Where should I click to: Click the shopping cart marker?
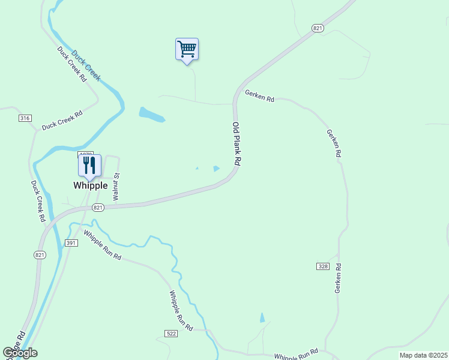187,50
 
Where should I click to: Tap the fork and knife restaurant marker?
89,166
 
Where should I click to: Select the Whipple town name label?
91,185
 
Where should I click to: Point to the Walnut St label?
117,187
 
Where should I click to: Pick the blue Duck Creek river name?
86,65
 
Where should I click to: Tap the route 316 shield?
25,118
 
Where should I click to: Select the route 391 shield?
71,242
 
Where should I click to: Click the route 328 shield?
322,265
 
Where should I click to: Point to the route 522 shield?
170,332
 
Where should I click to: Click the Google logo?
20,353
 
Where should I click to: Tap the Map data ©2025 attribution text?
423,355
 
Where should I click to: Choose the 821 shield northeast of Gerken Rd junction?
318,28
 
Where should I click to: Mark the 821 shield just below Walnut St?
99,208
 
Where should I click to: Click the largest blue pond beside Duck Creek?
151,114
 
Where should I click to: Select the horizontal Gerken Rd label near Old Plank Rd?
259,96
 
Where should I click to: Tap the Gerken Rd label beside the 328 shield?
338,278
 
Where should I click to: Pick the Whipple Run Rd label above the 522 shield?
180,310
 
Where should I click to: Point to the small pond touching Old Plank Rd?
216,169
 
